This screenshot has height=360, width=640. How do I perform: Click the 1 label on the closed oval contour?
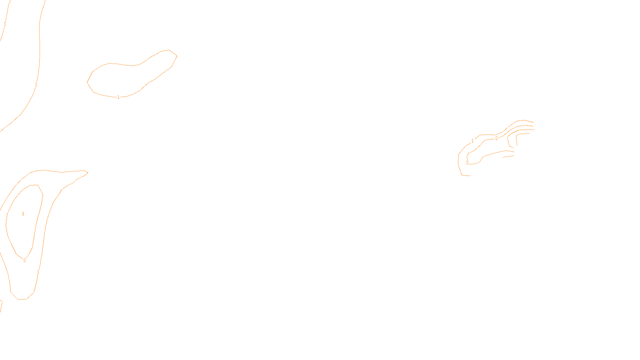(x=118, y=97)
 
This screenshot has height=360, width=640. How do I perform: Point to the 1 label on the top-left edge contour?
(x=5, y=24)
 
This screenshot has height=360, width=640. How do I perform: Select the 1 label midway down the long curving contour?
(x=36, y=85)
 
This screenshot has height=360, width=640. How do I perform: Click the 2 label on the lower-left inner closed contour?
(x=24, y=260)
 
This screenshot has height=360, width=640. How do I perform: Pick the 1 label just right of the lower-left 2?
(x=38, y=272)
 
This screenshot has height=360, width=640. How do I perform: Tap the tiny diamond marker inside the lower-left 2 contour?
(x=23, y=214)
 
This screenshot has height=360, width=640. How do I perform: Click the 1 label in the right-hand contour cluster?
(x=472, y=141)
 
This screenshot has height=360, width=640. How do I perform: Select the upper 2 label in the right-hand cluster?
(x=496, y=138)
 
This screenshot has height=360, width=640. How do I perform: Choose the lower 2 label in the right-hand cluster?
(x=467, y=163)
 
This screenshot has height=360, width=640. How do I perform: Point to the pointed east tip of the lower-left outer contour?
(x=88, y=173)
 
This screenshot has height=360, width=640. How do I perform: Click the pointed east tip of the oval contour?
(x=177, y=56)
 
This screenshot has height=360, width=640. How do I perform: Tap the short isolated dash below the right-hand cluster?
(x=508, y=156)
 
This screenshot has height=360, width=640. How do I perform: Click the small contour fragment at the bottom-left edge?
(x=1, y=306)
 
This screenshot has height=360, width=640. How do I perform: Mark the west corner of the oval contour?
(x=87, y=82)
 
